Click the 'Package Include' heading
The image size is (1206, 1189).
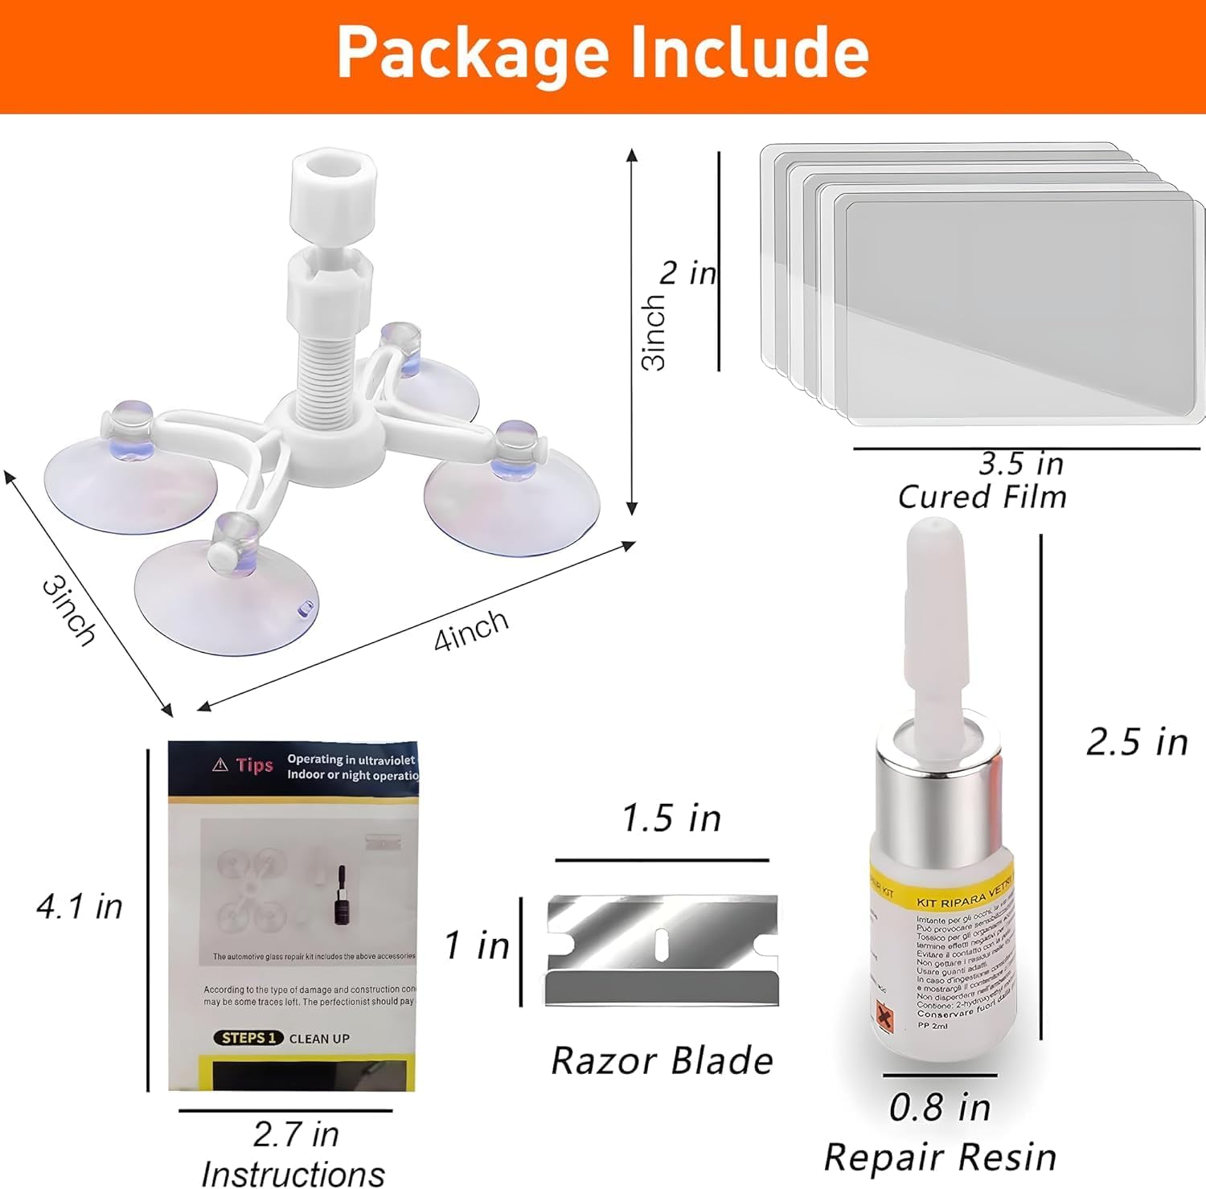pyautogui.click(x=603, y=52)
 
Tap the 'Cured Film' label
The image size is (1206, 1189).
pyautogui.click(x=982, y=497)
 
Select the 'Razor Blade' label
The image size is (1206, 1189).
pyautogui.click(x=662, y=1060)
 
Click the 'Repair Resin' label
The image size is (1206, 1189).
pyautogui.click(x=940, y=1158)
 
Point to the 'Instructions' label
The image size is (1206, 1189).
pyautogui.click(x=293, y=1173)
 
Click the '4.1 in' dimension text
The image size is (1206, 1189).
pyautogui.click(x=80, y=907)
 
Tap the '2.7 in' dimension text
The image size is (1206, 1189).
pyautogui.click(x=296, y=1134)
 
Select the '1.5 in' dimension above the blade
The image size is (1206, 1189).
pyautogui.click(x=671, y=818)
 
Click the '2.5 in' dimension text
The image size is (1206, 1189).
pyautogui.click(x=1137, y=742)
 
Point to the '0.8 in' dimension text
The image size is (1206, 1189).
pyautogui.click(x=939, y=1108)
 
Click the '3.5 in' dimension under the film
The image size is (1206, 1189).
pyautogui.click(x=1020, y=463)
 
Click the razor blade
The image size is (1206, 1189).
pyautogui.click(x=662, y=949)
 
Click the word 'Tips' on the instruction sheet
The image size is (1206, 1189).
pyautogui.click(x=254, y=765)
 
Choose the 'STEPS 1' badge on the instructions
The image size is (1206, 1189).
pyautogui.click(x=248, y=1038)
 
